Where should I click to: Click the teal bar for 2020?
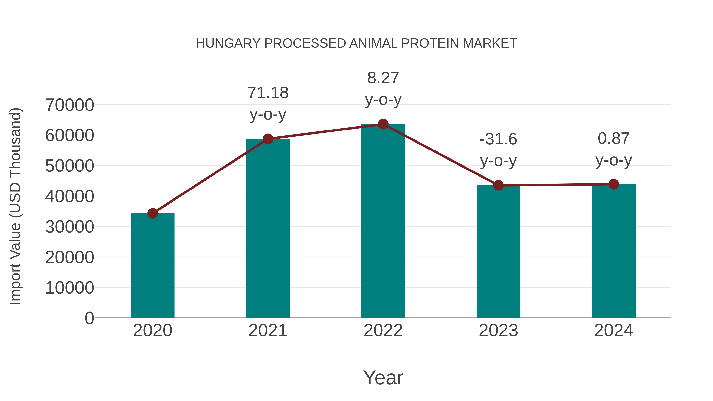[153, 266]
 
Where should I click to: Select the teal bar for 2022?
[383, 221]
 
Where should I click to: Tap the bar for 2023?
[498, 252]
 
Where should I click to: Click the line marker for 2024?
[614, 184]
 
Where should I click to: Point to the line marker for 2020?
[153, 213]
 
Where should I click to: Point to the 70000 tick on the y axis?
[70, 105]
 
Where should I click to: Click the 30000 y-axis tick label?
[70, 227]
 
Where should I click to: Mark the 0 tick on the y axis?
[89, 318]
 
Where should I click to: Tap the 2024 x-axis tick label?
[614, 331]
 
